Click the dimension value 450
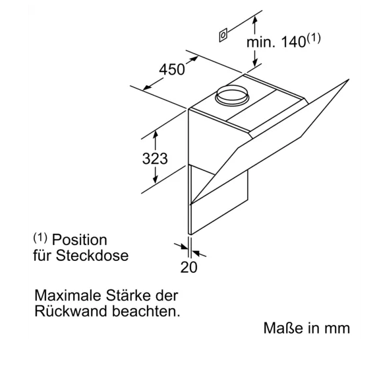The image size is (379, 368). (172, 69)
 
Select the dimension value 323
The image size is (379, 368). (155, 159)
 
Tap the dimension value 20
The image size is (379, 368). (189, 267)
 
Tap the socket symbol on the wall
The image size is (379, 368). (223, 35)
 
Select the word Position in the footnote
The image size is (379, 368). (80, 240)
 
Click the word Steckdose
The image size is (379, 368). (92, 255)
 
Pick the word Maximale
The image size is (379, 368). (67, 295)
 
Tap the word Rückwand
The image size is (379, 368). (71, 311)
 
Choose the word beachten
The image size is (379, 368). (146, 311)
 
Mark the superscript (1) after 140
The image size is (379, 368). (314, 38)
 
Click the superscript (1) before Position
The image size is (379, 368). (40, 238)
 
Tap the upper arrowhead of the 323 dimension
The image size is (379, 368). (155, 134)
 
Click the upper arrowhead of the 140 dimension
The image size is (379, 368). (254, 20)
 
